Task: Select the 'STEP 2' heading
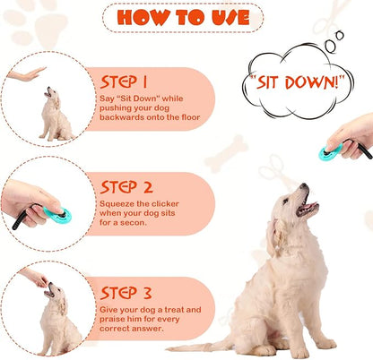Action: [126, 186]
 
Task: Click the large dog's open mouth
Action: [308, 208]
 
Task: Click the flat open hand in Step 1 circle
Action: [26, 74]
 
